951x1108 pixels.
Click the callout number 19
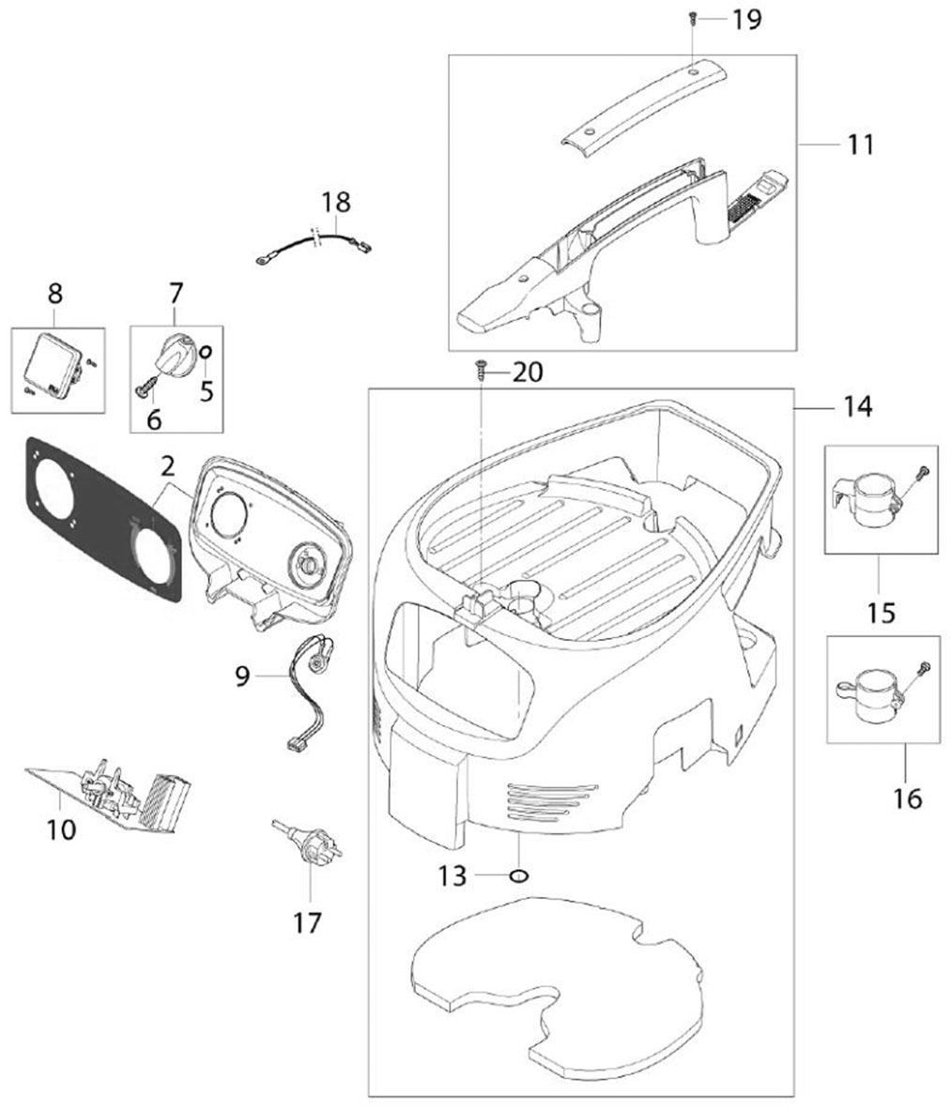(747, 20)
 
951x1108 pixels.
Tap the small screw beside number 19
(692, 16)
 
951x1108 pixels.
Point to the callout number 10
(61, 828)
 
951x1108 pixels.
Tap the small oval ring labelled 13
(517, 876)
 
